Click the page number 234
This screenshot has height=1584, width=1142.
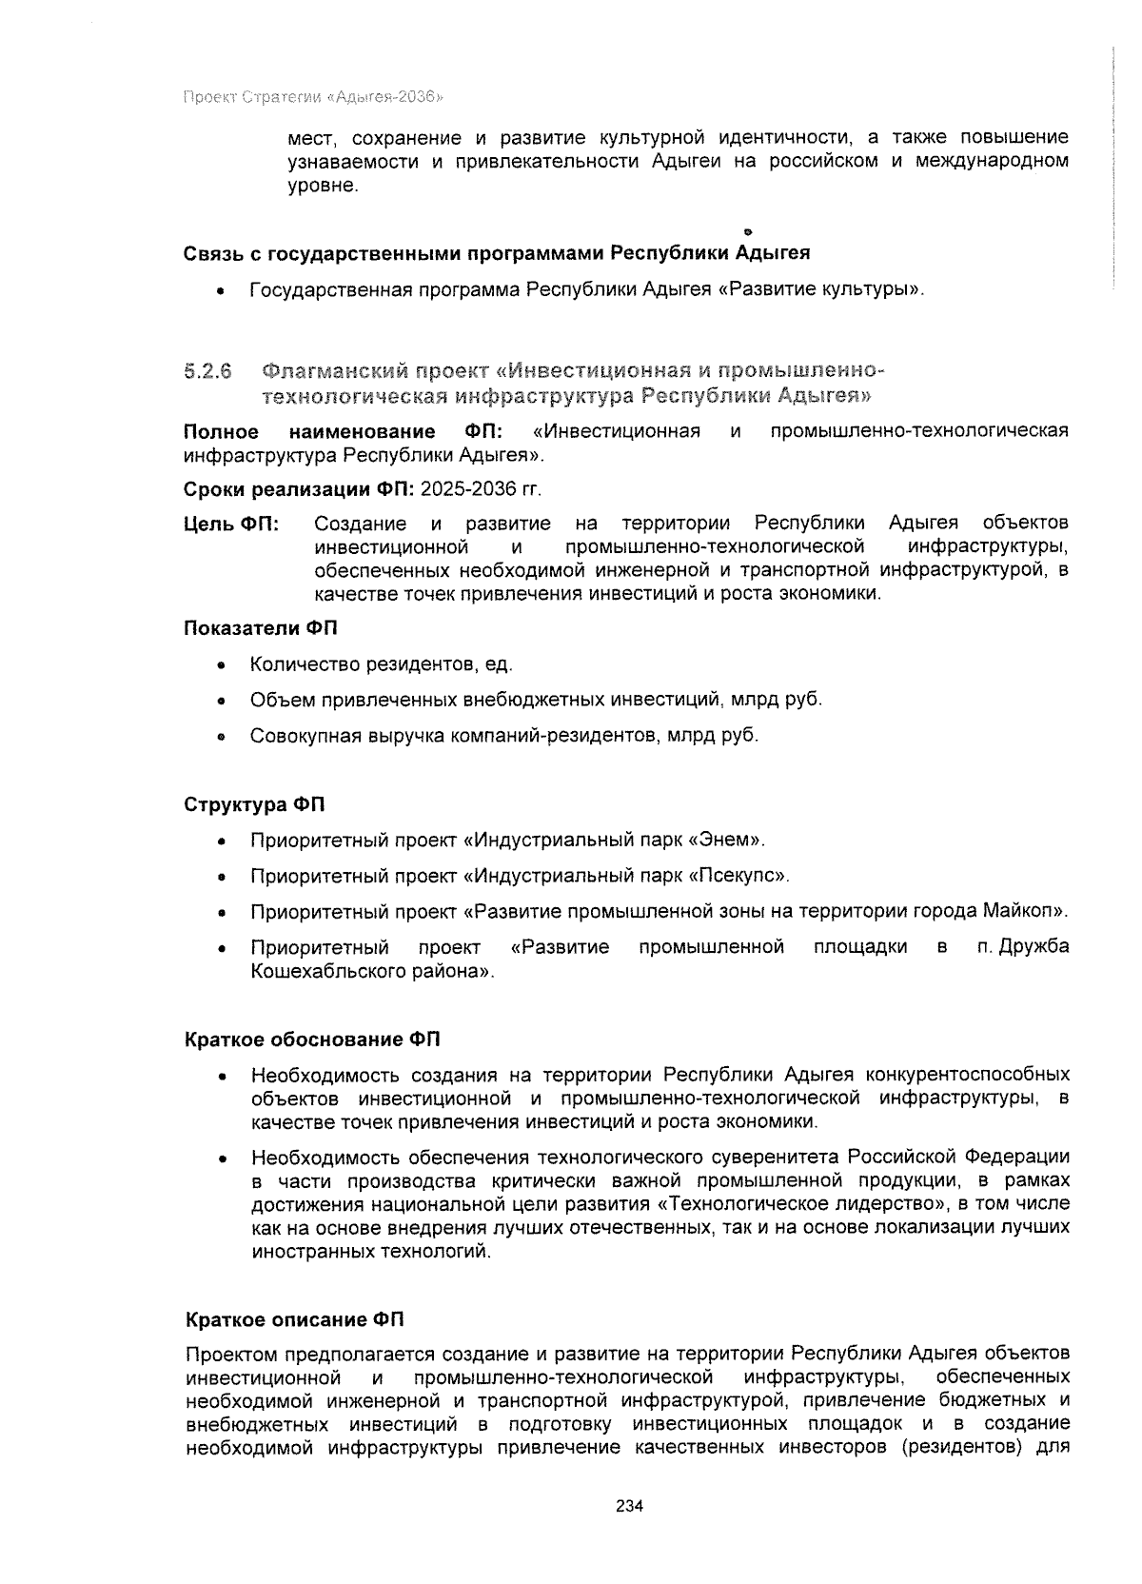630,1506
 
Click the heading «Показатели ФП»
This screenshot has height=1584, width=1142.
260,628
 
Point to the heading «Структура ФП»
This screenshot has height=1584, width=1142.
254,805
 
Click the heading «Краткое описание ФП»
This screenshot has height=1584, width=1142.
294,1320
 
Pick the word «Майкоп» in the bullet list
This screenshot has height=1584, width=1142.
1028,911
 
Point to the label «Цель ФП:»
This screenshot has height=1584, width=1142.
231,525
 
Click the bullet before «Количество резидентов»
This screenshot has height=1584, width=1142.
221,665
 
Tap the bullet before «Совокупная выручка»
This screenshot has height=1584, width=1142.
221,737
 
